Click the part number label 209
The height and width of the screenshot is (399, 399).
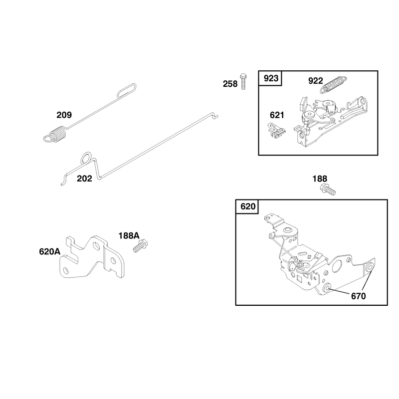64,115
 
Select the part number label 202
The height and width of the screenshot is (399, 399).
84,179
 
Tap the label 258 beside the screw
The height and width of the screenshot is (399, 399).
230,84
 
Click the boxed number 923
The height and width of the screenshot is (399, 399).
271,78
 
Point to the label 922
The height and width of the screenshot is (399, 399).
316,81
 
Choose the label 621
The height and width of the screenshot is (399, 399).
277,115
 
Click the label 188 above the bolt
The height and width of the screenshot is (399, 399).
320,179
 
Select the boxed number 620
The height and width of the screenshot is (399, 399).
248,206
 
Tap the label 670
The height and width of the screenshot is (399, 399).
358,296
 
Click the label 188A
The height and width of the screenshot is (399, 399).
129,236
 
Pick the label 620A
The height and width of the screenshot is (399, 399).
49,252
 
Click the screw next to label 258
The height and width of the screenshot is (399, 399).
243,82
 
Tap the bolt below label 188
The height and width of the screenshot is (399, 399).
328,189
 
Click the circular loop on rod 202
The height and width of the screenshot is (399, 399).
86,158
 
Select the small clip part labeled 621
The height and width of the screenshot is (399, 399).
277,131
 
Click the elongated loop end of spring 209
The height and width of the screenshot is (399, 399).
127,90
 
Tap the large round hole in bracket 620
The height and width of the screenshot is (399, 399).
338,266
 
